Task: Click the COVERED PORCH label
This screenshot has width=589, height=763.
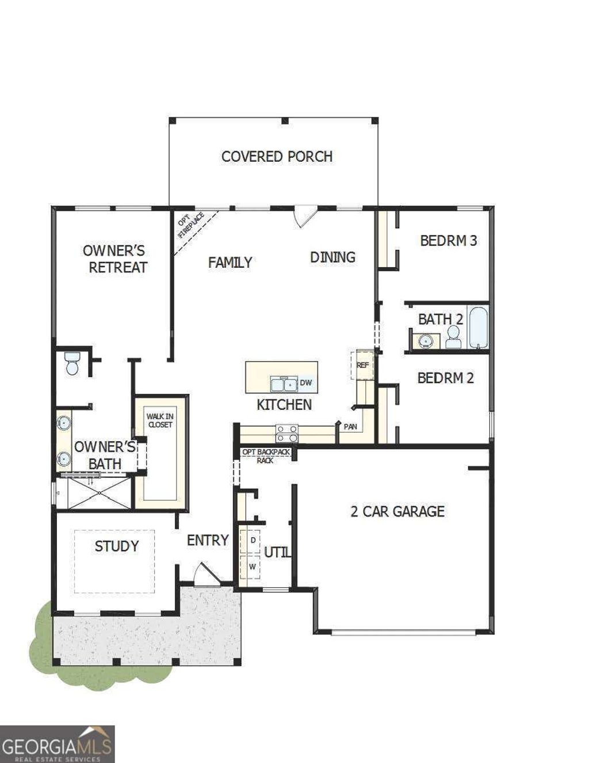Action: coord(277,156)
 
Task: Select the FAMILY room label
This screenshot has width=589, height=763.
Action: coord(230,263)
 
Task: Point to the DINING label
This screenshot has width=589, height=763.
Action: coord(332,257)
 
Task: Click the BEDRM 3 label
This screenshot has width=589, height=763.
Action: coord(448,240)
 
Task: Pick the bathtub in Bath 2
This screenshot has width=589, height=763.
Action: coord(478,328)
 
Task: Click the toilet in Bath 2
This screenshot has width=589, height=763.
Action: coord(453,337)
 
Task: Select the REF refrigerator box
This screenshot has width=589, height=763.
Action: coord(362,365)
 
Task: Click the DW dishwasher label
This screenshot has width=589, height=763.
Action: coord(305,382)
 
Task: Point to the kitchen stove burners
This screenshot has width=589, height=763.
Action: coord(286,433)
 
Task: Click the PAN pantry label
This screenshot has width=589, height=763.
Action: coord(350,427)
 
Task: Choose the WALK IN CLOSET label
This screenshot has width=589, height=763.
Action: coord(159,420)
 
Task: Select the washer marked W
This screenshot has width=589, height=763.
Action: coord(252,567)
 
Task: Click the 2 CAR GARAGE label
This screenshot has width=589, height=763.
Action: coord(397,511)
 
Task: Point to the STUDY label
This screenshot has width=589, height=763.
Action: coord(116,546)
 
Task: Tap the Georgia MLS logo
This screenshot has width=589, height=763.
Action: coord(56,744)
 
